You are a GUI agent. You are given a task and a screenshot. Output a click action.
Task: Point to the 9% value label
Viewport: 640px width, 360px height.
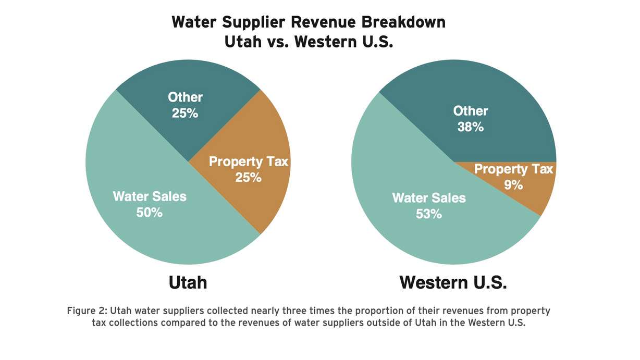(x=513, y=184)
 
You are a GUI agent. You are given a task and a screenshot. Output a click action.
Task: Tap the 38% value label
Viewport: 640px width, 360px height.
(x=471, y=126)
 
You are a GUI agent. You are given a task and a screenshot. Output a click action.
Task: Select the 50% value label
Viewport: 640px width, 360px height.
(x=150, y=212)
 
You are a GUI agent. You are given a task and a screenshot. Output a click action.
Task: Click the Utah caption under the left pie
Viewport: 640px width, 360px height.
(x=188, y=282)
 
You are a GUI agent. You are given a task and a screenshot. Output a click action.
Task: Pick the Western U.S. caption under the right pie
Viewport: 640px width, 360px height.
(x=453, y=282)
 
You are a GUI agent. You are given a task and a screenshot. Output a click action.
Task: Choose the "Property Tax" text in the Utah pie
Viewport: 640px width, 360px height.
(x=248, y=162)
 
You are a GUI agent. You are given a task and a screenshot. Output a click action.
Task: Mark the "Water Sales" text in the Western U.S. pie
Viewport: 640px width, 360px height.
(x=429, y=198)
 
